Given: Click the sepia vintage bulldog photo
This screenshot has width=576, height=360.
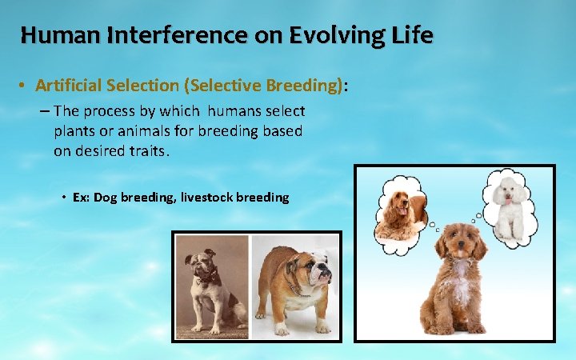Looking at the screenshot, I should (211, 286).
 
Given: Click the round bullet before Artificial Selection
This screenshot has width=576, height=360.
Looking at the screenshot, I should (25, 85).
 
